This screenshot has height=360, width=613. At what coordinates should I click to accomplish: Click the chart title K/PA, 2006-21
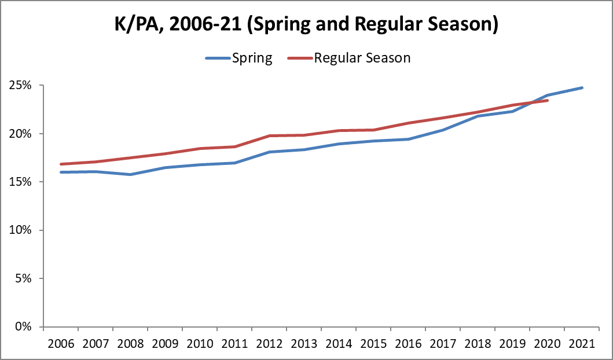[306, 26]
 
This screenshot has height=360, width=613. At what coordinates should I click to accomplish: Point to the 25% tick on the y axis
[25, 86]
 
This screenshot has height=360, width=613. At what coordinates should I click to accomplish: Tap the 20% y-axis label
[25, 134]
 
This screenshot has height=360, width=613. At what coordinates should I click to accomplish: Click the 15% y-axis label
[25, 182]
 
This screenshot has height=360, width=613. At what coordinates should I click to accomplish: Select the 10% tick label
[25, 230]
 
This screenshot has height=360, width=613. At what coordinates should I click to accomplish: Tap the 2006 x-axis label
[61, 343]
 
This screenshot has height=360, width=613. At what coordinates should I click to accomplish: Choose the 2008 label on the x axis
[130, 343]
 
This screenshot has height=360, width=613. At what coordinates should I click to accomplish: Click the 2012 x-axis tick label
[269, 343]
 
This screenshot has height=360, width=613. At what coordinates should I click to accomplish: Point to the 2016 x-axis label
[408, 343]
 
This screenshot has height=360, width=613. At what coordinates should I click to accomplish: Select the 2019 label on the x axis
[512, 343]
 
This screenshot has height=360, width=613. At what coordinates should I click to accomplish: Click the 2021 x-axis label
[582, 343]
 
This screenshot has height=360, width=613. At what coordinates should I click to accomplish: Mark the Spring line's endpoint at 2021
[582, 88]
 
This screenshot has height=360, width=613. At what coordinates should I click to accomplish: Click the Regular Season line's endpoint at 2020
[547, 100]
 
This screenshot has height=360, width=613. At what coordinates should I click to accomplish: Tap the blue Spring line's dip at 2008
[130, 174]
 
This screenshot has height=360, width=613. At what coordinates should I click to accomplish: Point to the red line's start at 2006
[61, 164]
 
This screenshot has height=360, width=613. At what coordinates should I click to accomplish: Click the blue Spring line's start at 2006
[61, 172]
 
